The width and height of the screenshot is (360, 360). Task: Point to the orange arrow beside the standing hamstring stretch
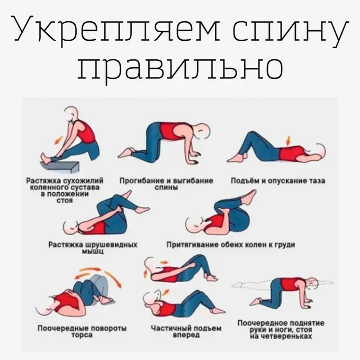(59, 140)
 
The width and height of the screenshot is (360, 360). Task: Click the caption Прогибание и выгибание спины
(166, 184)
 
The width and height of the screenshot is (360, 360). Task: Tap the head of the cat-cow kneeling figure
(202, 131)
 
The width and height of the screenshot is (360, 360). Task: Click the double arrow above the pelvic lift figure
(289, 141)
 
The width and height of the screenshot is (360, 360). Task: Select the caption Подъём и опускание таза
(278, 181)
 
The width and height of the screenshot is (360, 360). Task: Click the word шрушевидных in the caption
(111, 245)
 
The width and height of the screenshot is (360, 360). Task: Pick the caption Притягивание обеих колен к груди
(230, 245)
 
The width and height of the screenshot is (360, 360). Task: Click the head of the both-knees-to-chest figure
(193, 226)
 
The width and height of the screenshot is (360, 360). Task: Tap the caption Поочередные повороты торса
(82, 331)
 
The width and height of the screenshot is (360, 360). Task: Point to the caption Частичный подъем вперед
(186, 331)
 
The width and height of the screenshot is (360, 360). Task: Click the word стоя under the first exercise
(65, 201)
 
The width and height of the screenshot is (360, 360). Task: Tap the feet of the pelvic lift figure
(237, 158)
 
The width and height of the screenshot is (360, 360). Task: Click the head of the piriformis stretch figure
(70, 228)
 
